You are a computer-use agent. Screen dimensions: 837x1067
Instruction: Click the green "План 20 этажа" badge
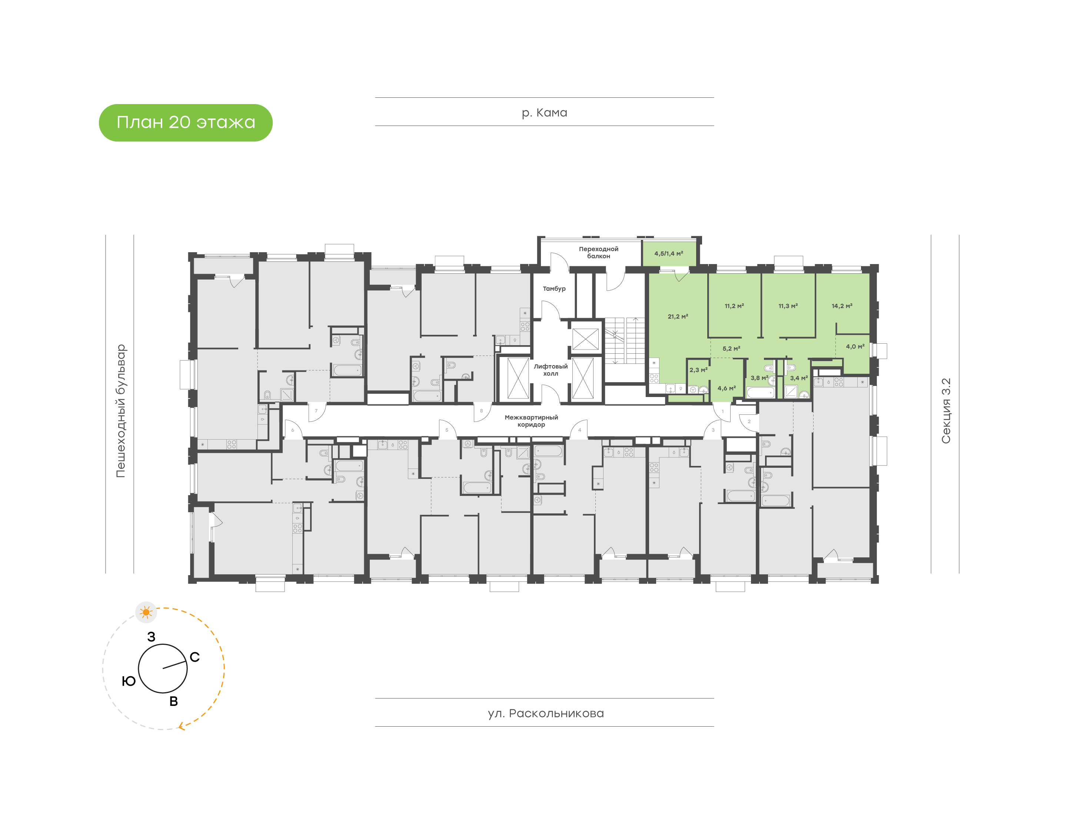pos(185,123)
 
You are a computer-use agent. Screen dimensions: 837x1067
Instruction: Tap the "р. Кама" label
pos(544,113)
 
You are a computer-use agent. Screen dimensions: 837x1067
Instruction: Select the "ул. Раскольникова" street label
pos(545,714)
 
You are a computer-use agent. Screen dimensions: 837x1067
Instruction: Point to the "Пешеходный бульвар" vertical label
pos(120,411)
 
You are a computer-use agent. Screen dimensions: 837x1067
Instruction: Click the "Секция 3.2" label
pos(945,411)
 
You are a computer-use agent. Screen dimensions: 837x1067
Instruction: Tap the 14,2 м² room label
pos(841,306)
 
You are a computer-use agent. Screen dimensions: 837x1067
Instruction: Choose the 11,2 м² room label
pos(734,306)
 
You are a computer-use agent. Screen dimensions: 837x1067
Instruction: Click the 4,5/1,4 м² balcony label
pos(668,253)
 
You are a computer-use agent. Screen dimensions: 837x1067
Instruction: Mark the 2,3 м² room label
pos(698,370)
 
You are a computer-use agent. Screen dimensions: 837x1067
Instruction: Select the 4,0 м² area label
pos(855,346)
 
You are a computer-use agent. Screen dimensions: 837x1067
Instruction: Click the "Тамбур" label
pos(554,289)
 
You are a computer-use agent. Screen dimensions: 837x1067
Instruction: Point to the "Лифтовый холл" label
pos(551,370)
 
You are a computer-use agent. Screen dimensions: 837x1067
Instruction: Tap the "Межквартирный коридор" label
pos(531,421)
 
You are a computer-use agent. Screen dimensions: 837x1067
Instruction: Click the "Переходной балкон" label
pos(598,252)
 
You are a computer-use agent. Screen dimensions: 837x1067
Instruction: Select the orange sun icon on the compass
pos(146,613)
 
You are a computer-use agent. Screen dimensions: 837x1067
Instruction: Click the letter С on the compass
pos(195,657)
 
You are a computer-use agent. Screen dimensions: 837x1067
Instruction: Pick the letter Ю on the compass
pos(129,681)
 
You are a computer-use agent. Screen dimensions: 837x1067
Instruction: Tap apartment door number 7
pos(316,411)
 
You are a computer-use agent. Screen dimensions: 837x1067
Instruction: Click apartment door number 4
pos(579,430)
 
